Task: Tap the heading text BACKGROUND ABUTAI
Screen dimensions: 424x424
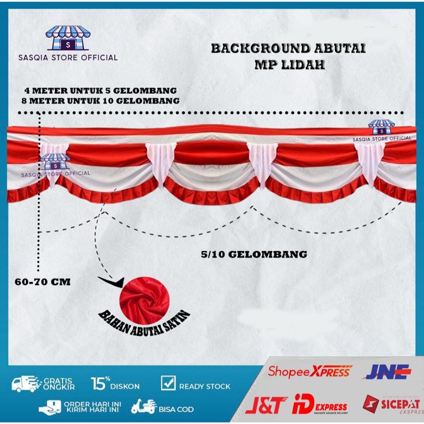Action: click(x=288, y=48)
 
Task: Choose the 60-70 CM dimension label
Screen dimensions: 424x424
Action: click(x=41, y=281)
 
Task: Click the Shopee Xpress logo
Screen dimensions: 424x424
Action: click(x=310, y=371)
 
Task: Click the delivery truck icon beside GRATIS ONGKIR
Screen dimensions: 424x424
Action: click(x=25, y=385)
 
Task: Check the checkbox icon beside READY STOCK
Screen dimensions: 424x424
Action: click(x=167, y=384)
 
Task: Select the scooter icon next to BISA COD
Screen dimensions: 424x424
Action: click(x=144, y=406)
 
